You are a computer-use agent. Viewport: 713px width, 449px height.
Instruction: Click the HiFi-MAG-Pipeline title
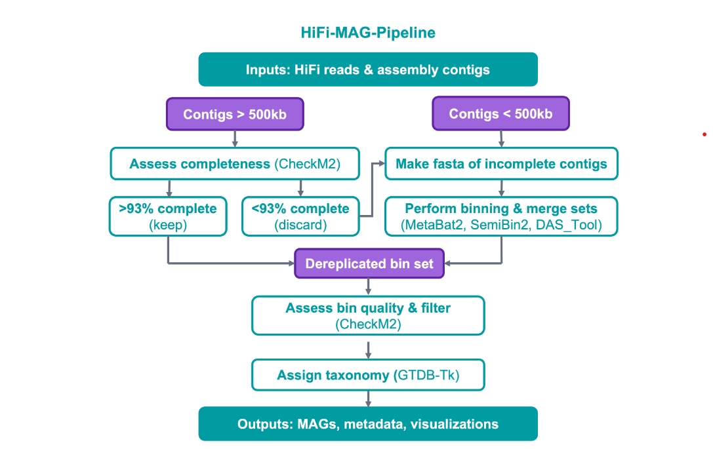coord(368,33)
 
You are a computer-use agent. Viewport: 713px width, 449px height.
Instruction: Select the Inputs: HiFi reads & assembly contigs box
coord(368,69)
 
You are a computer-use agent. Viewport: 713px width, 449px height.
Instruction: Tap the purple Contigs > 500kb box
coord(235,114)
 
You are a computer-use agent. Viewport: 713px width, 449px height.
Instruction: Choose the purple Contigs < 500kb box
coord(500,113)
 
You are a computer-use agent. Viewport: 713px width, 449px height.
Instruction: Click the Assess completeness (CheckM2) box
coord(235,164)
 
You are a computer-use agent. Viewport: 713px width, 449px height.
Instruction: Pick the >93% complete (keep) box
coord(168,216)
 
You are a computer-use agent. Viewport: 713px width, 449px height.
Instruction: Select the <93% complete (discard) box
coord(300,216)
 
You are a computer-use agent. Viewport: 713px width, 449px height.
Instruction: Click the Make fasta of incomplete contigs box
coord(501,164)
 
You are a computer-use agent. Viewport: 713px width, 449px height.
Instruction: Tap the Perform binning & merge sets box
coord(501,216)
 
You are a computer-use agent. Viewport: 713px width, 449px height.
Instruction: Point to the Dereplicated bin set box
coord(369,264)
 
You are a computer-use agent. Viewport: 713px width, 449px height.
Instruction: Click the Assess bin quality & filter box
coord(368,316)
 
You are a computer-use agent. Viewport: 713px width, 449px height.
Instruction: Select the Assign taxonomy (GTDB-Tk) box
coord(368,375)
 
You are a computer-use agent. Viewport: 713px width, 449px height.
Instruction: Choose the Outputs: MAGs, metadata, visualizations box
coord(368,424)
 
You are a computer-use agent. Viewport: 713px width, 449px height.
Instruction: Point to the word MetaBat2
coord(434,225)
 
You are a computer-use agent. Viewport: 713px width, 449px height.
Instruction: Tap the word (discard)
coord(300,225)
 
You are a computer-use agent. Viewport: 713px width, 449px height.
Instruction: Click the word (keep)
coord(168,225)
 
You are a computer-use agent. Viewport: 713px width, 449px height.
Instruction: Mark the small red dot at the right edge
coord(704,134)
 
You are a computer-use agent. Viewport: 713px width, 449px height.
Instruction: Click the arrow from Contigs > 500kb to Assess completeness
coord(235,138)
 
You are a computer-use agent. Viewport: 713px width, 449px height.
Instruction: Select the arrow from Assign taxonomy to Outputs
coord(369,399)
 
